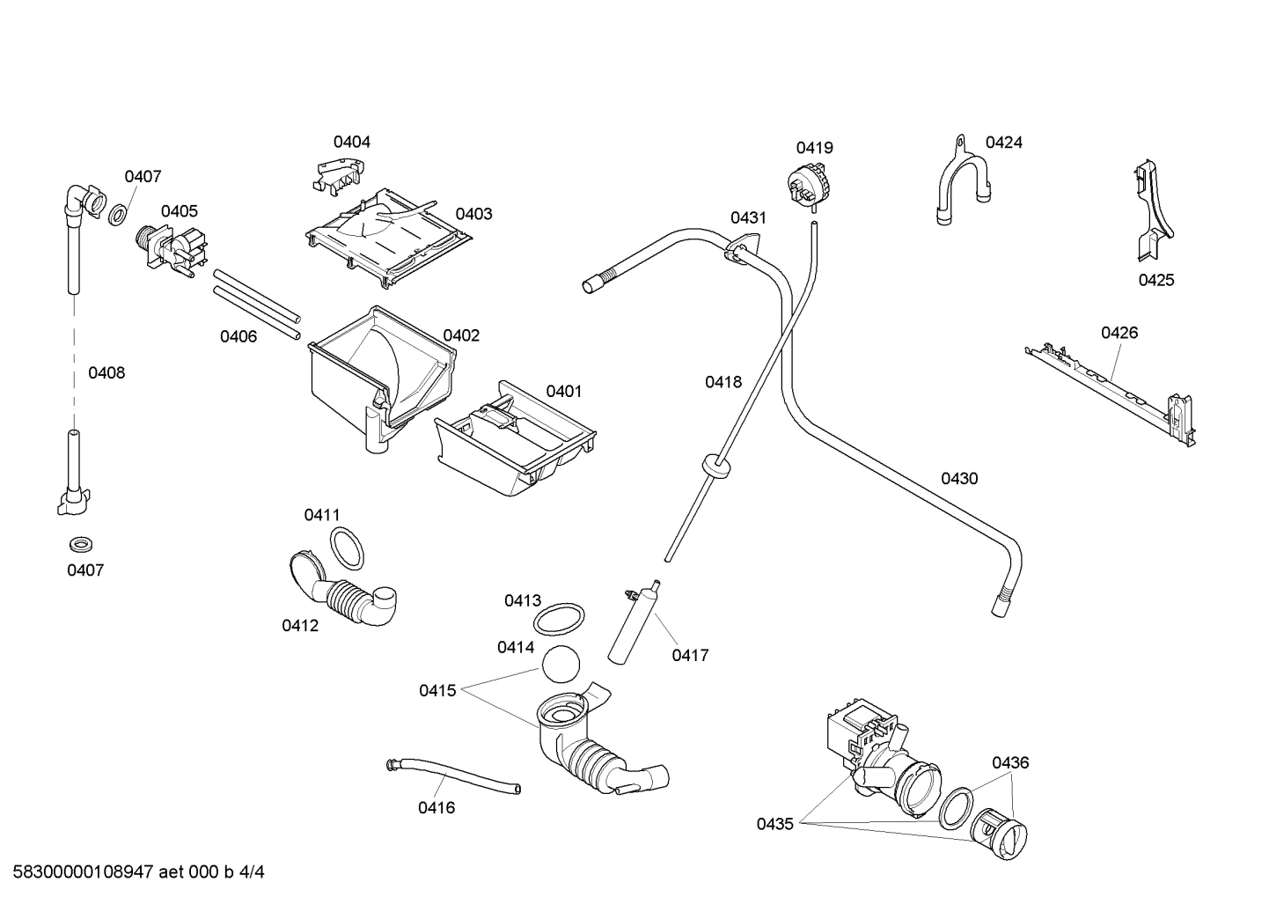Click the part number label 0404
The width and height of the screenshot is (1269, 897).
(351, 142)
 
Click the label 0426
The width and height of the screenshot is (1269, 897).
(1119, 333)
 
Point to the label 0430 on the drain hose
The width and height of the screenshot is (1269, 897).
(959, 479)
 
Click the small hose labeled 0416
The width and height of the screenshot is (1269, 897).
(453, 775)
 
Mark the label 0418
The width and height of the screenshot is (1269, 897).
(723, 382)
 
